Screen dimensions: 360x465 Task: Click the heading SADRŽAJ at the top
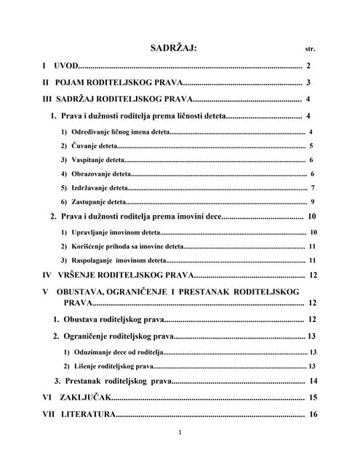174,48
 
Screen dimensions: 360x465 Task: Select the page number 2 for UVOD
308,66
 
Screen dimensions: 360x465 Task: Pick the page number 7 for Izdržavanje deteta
312,188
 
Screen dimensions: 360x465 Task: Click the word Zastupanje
88,202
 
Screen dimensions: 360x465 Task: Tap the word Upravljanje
89,232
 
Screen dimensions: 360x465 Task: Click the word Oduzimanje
92,352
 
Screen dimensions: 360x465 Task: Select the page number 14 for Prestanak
313,381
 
